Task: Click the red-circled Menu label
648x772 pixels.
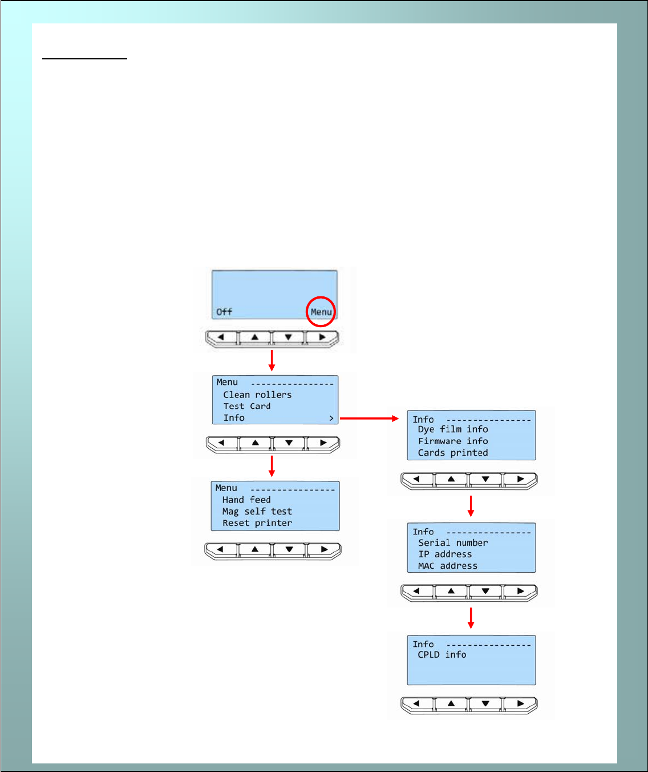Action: pyautogui.click(x=321, y=312)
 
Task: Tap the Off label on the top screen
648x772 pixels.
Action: pyautogui.click(x=224, y=312)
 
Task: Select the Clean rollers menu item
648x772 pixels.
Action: pyautogui.click(x=257, y=395)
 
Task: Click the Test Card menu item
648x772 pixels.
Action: pyautogui.click(x=247, y=406)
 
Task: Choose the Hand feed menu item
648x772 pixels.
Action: pyautogui.click(x=246, y=500)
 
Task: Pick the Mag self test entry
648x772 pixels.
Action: pyautogui.click(x=257, y=512)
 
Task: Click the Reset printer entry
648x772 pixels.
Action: pyautogui.click(x=257, y=523)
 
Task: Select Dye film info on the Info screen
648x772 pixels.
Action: pyautogui.click(x=453, y=429)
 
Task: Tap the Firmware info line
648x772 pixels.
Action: pyautogui.click(x=453, y=441)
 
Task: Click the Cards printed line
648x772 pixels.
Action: pyautogui.click(x=453, y=453)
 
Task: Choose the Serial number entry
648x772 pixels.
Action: pyautogui.click(x=453, y=542)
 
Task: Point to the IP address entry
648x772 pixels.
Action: pyautogui.click(x=445, y=554)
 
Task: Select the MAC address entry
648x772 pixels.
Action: pyautogui.click(x=448, y=566)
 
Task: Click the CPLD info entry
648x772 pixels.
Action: pyautogui.click(x=442, y=654)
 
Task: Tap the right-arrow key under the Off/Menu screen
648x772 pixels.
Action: pyautogui.click(x=322, y=337)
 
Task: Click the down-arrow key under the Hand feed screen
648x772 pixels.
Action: pyautogui.click(x=290, y=550)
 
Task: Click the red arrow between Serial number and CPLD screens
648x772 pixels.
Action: pyautogui.click(x=471, y=617)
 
